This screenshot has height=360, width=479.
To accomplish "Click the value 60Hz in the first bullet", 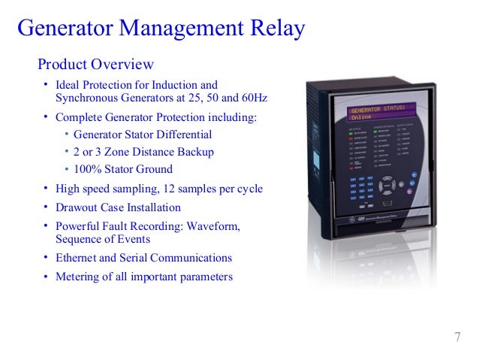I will tap(254, 98).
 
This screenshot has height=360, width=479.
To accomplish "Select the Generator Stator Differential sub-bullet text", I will tap(143, 135).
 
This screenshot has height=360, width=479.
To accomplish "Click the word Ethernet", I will tap(80, 258).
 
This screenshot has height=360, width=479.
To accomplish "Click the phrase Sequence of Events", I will tap(103, 239).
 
